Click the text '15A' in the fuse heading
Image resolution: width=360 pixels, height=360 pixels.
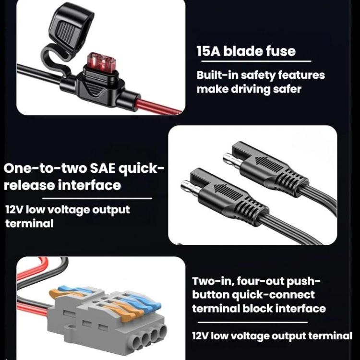pos(208,51)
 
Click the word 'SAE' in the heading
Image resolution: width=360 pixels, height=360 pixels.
pos(103,168)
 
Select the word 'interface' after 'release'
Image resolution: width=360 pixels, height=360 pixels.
pos(89,185)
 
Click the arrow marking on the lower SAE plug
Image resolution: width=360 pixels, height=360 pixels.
pos(228,192)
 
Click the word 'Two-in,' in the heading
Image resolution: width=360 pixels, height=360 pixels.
pos(212,281)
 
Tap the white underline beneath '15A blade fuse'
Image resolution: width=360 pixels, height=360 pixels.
pos(256,61)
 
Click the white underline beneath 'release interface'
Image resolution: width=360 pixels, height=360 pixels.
pos(97,198)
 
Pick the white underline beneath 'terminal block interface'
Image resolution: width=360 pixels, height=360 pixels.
pos(252,322)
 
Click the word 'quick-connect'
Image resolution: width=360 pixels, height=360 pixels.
pos(273,295)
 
